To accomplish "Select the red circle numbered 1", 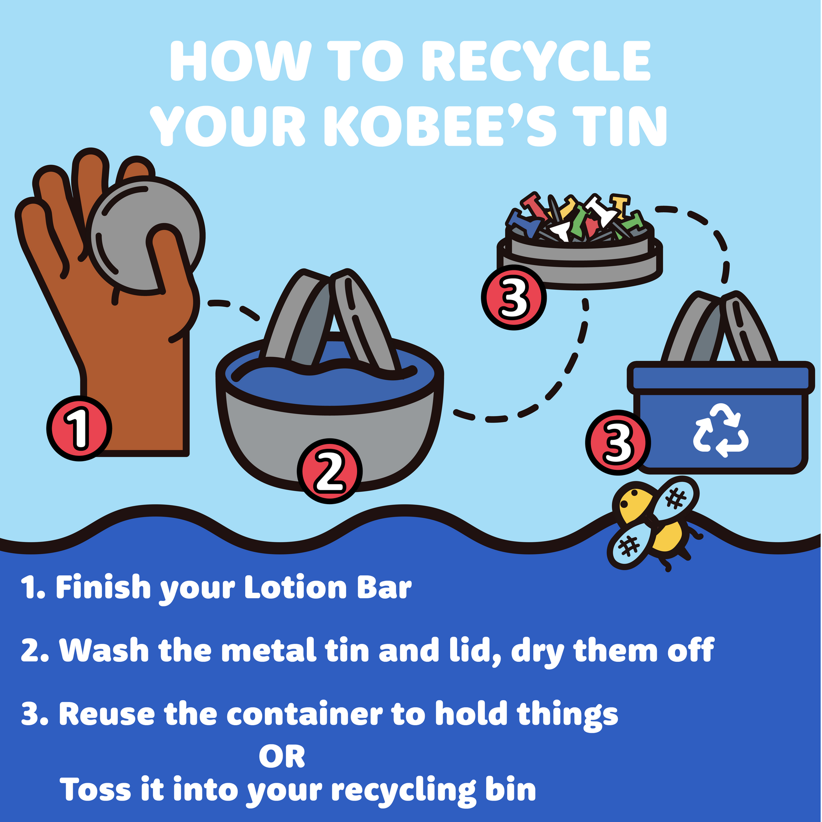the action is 79,428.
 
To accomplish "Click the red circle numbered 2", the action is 330,471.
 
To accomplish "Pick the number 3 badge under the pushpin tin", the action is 514,297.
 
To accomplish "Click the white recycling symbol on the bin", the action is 721,430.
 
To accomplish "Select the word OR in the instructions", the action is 282,757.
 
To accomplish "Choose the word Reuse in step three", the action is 107,714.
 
